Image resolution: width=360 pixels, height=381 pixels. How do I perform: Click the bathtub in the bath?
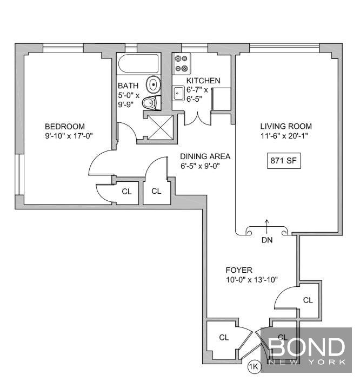[x=138, y=63]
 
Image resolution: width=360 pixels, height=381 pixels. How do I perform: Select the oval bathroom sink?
[x=153, y=84]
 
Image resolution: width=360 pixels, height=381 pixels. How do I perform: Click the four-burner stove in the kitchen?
[x=181, y=64]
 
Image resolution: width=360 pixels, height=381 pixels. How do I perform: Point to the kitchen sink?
[x=178, y=93]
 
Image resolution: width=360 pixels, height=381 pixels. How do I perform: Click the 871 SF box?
[x=284, y=161]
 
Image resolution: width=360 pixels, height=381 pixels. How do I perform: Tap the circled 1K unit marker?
[x=254, y=366]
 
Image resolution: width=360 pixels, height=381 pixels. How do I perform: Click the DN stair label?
[x=267, y=240]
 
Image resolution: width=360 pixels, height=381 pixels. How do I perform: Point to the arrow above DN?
[x=267, y=226]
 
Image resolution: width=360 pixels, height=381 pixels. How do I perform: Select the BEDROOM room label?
[x=65, y=126]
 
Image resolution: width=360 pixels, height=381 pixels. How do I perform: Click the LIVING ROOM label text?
[x=286, y=126]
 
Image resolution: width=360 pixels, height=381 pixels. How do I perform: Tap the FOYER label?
[x=239, y=270]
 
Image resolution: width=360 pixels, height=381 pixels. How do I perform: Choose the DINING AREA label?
[x=205, y=156]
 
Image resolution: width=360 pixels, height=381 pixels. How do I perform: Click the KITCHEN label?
[x=203, y=81]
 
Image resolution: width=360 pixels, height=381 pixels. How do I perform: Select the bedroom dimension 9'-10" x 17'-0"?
[x=69, y=136]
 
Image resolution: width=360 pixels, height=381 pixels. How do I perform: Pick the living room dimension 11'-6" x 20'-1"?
[x=284, y=136]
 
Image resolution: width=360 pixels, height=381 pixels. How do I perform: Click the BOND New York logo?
[x=306, y=350]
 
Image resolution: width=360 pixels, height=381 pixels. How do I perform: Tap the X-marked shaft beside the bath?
[x=161, y=128]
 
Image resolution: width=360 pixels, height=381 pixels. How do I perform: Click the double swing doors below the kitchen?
[x=197, y=119]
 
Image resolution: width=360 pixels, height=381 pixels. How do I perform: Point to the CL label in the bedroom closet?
[x=126, y=192]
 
